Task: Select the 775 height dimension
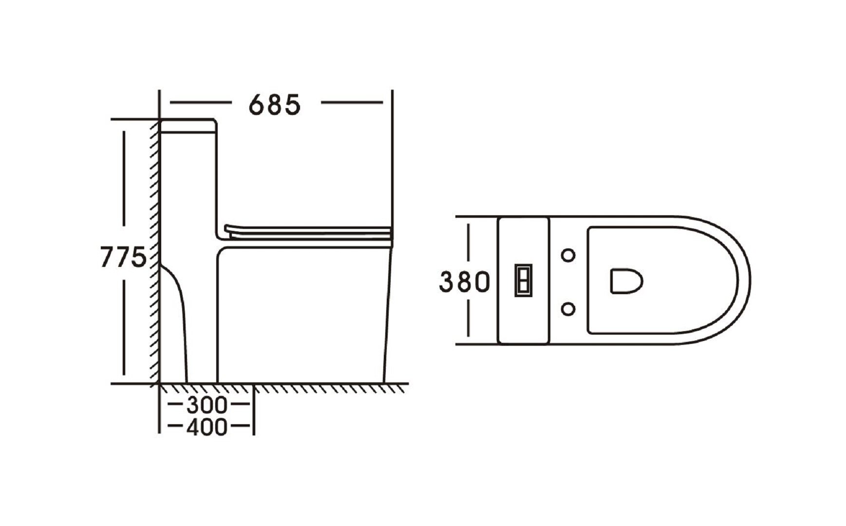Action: (x=123, y=257)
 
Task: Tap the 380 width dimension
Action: (x=464, y=282)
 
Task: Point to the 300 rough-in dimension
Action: (x=207, y=404)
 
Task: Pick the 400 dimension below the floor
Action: (x=207, y=427)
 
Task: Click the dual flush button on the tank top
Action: (x=524, y=281)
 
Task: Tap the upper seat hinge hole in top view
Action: (x=568, y=255)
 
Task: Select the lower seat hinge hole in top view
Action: (x=568, y=309)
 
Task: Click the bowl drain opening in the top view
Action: (x=626, y=282)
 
